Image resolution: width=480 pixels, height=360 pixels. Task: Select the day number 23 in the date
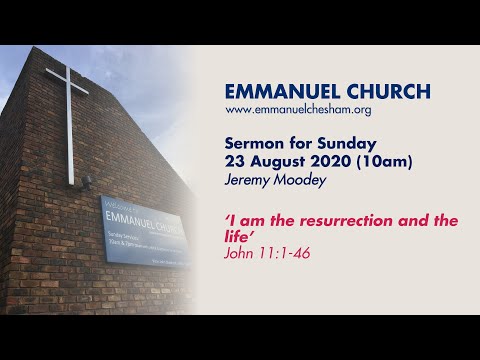point(236,158)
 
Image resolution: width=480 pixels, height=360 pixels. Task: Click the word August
point(275,158)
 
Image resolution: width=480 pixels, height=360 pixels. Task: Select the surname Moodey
point(297,175)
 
